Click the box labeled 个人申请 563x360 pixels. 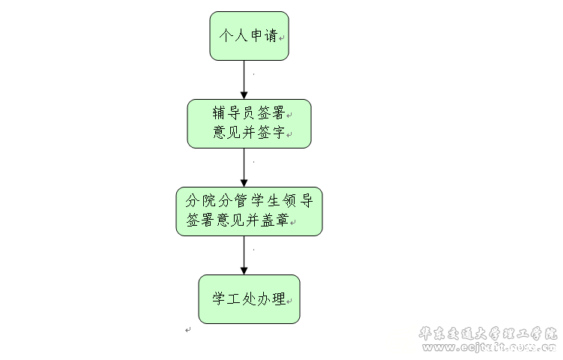249,36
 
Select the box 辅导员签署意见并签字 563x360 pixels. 249,124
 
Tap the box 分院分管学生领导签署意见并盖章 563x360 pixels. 249,211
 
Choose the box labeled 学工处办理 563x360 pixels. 249,298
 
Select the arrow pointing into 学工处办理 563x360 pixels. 244,255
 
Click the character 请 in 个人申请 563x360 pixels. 271,36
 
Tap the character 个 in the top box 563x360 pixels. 224,36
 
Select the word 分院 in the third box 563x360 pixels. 200,200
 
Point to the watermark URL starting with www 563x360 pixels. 487,347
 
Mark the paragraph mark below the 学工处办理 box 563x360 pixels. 187,330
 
